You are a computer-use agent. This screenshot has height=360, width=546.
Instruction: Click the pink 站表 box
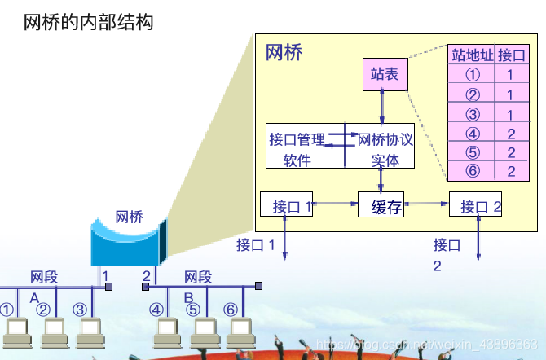[385, 75]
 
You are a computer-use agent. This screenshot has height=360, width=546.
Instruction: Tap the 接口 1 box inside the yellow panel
[286, 205]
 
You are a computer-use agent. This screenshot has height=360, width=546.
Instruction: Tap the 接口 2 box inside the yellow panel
[475, 205]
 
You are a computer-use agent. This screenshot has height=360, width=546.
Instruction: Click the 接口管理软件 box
[306, 147]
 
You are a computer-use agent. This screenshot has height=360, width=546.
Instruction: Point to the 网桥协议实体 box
[380, 147]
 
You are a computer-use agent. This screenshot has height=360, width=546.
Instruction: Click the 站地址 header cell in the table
[472, 55]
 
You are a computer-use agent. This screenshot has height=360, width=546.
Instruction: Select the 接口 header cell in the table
[511, 55]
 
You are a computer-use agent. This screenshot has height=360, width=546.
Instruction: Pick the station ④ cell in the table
[472, 134]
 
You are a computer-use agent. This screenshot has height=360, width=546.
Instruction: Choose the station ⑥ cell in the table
[472, 171]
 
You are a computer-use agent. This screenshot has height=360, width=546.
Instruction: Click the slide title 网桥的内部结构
[89, 22]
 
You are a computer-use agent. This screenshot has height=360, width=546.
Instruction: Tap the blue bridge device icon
[128, 241]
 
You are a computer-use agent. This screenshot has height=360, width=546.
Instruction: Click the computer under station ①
[17, 331]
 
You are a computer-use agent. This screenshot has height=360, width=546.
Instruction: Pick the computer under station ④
[168, 331]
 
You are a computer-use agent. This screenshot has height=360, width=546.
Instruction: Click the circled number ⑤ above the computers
[193, 310]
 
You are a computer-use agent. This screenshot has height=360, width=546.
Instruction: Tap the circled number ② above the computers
[43, 310]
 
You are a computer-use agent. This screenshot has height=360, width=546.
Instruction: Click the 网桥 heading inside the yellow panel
[284, 53]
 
